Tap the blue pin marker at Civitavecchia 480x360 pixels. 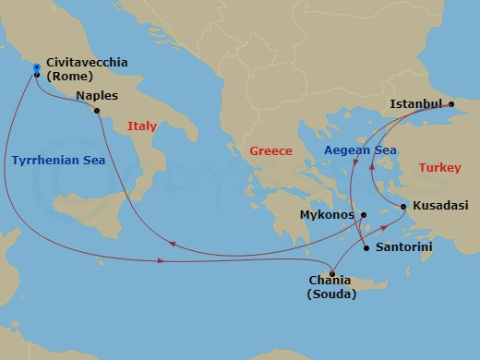click(x=36, y=67)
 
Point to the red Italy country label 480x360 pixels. click(x=142, y=126)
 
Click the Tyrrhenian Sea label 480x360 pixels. click(x=58, y=160)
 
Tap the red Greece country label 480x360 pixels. click(x=270, y=150)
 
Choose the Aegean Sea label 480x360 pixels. click(x=360, y=150)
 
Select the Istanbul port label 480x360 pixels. click(x=416, y=102)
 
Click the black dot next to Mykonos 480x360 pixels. click(x=363, y=215)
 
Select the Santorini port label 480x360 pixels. click(x=406, y=248)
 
